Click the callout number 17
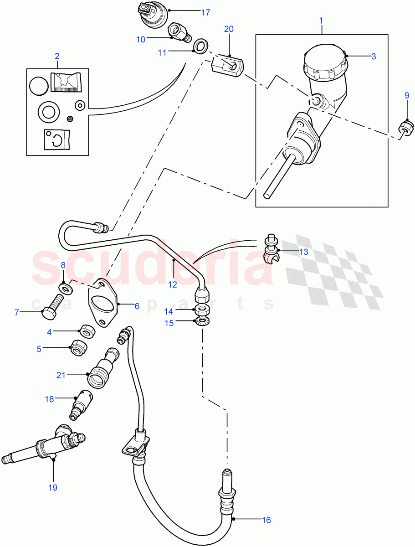coord(205,12)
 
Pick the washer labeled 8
coord(67,288)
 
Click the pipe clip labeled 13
coord(272,251)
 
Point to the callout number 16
coord(266,519)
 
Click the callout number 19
coord(53,488)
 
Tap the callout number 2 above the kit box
coord(57,56)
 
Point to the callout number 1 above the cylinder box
coord(321,21)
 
